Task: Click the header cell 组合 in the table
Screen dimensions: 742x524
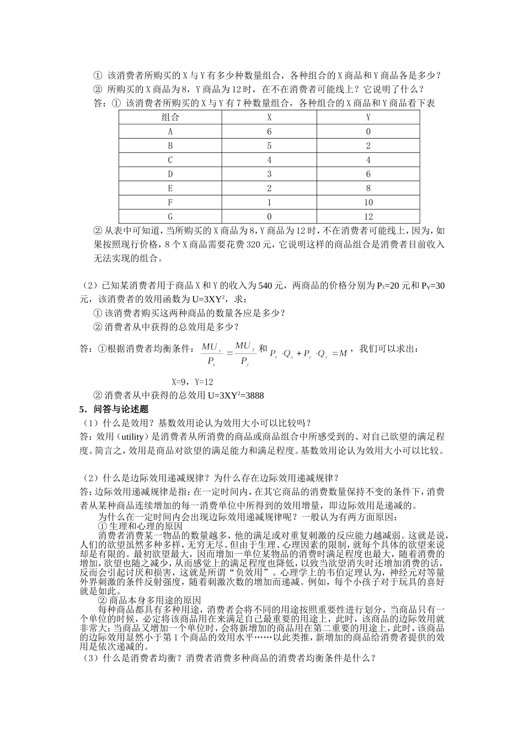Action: click(x=170, y=117)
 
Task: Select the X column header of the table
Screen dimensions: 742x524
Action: click(x=269, y=117)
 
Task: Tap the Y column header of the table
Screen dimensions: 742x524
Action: click(x=368, y=117)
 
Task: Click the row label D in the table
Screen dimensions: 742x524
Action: click(x=170, y=174)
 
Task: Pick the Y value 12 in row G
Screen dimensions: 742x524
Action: click(x=368, y=216)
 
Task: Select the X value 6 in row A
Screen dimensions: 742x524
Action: click(x=269, y=131)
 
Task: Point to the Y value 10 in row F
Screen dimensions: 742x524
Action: click(x=368, y=203)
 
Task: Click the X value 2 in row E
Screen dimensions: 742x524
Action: click(x=269, y=188)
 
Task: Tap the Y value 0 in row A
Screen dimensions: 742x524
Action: click(x=368, y=131)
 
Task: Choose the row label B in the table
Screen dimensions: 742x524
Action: click(x=170, y=146)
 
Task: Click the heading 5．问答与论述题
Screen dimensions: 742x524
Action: click(x=114, y=409)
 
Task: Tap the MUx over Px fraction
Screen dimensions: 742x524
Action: click(x=211, y=354)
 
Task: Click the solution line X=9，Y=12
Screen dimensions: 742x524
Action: click(x=193, y=381)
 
